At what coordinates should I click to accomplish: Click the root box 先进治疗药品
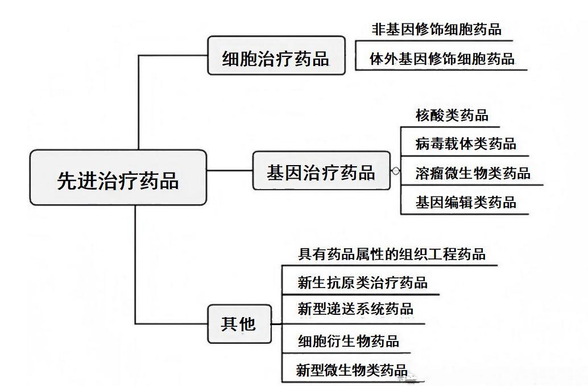(x=118, y=178)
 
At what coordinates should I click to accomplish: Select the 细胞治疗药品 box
(x=276, y=56)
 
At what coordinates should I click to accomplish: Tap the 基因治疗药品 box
(x=321, y=170)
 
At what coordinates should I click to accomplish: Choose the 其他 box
(x=239, y=324)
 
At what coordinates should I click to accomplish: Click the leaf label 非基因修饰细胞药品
(x=436, y=29)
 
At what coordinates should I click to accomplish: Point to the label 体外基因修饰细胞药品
(x=442, y=59)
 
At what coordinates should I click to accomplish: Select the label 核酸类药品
(x=452, y=115)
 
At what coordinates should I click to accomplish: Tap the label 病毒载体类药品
(x=466, y=143)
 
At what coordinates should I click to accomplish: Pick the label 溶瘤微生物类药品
(x=473, y=173)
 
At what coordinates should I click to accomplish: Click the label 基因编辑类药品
(x=466, y=202)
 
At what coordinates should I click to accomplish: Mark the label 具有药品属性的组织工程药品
(x=392, y=253)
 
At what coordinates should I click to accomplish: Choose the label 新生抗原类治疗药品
(x=362, y=282)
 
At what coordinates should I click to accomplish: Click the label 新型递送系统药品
(x=355, y=309)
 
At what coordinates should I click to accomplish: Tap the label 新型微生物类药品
(x=351, y=370)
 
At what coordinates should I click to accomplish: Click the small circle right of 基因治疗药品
(x=396, y=170)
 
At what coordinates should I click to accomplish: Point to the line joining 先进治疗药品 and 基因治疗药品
(x=230, y=170)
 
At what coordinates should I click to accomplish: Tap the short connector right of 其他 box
(x=276, y=324)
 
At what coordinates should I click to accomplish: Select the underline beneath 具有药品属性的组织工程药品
(x=390, y=265)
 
